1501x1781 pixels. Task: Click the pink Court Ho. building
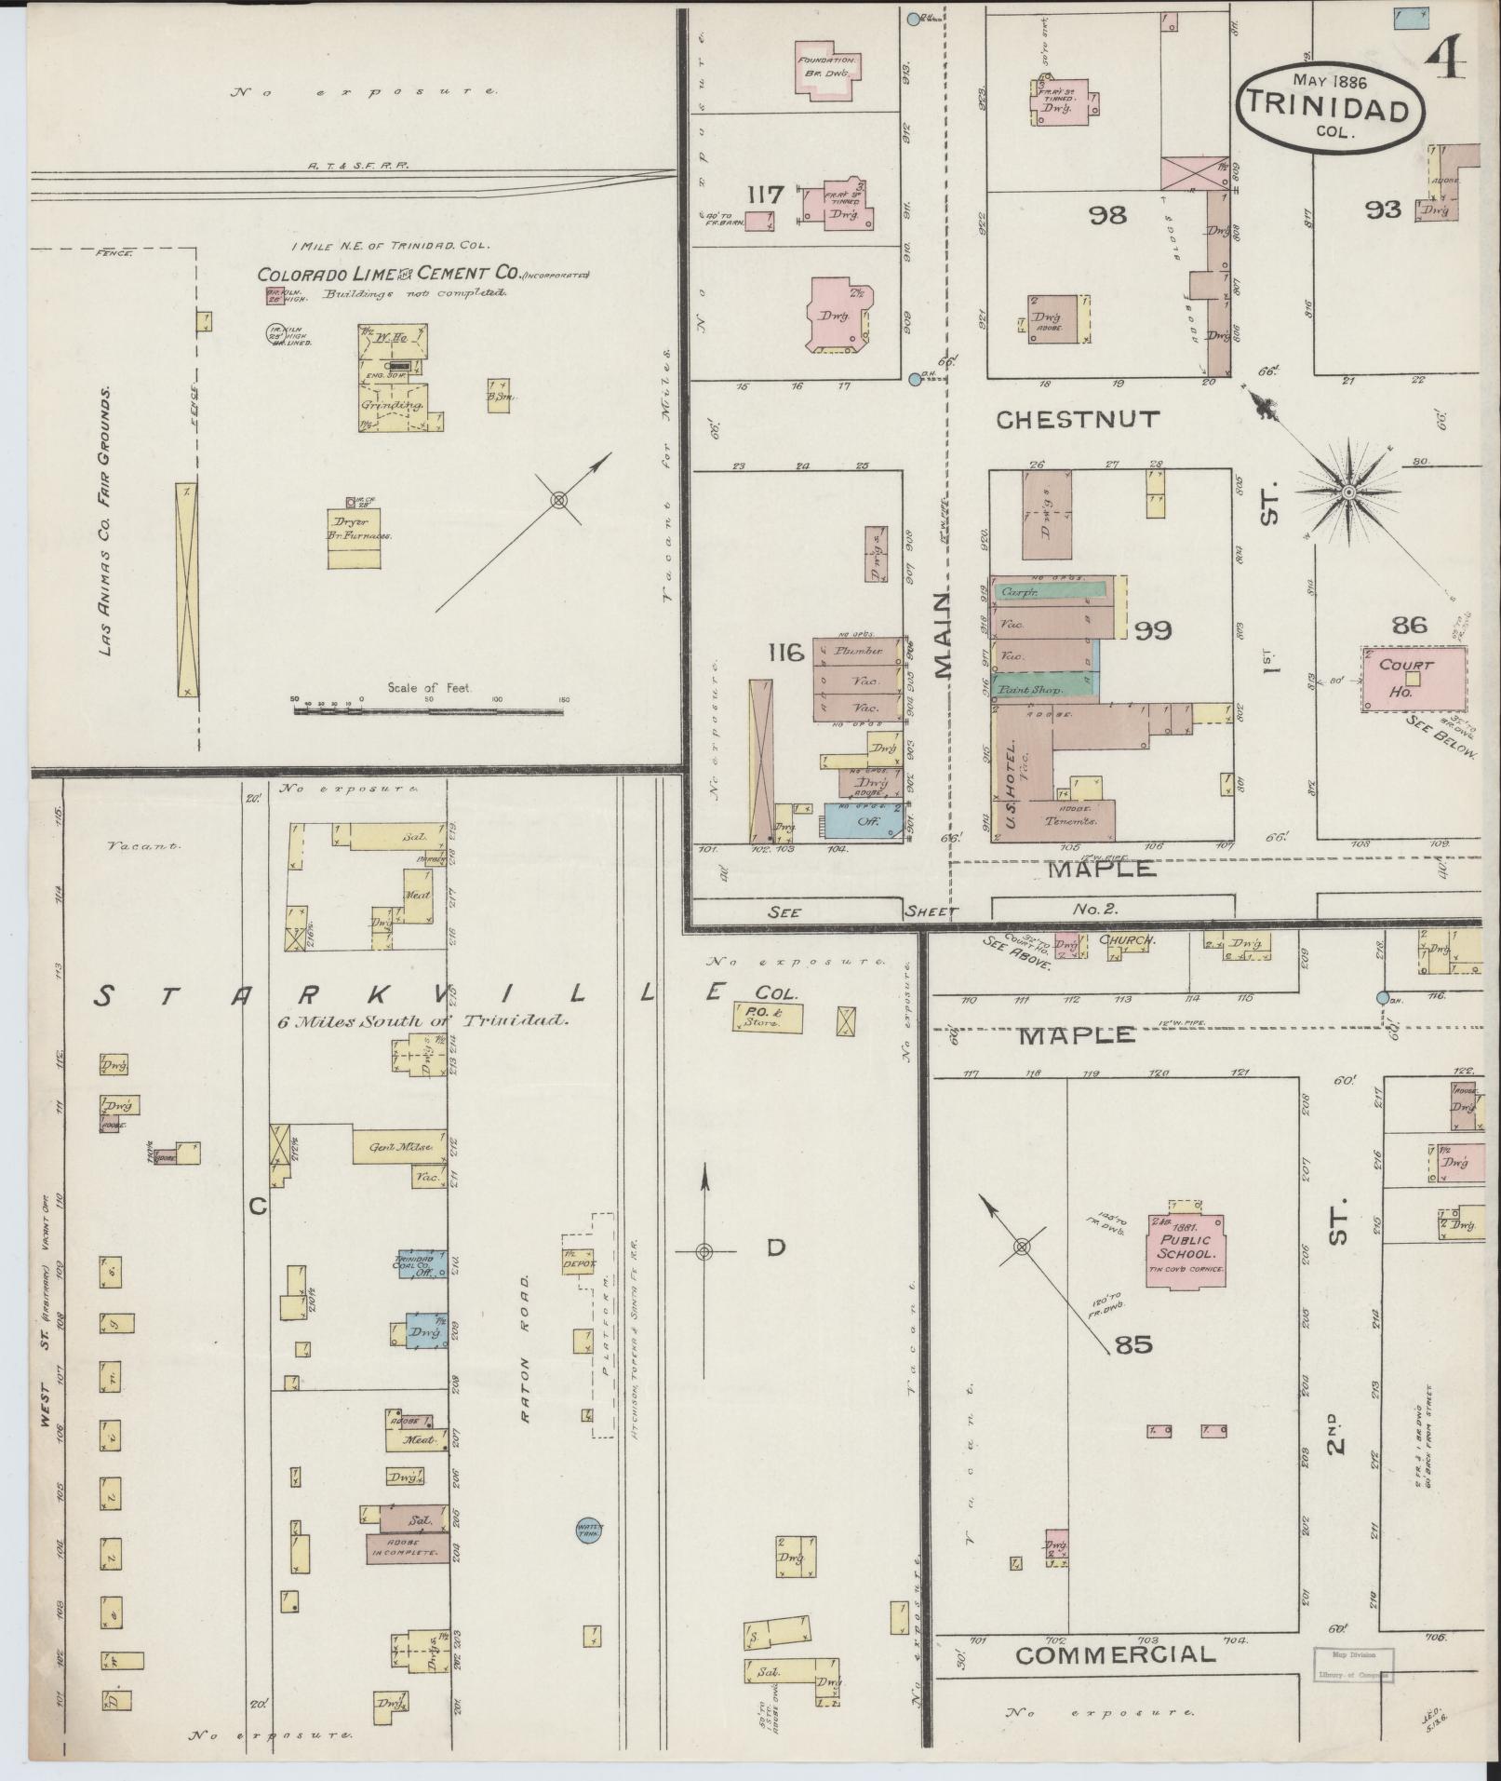pos(1409,678)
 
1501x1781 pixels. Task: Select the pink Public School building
pos(1189,1248)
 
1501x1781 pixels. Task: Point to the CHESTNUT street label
pos(1078,420)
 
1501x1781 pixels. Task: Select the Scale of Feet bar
pos(428,711)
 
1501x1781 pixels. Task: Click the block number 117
pos(766,195)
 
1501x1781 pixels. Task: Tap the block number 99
pos(1153,630)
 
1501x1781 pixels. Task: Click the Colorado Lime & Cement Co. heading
pos(388,275)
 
